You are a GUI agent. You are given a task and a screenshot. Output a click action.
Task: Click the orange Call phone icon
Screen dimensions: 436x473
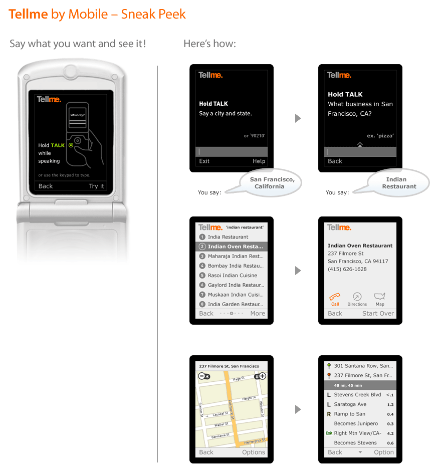[335, 297]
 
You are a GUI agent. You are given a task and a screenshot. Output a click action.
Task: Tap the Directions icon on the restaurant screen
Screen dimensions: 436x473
[357, 297]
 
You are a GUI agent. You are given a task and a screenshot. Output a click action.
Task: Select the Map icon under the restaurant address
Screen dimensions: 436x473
[379, 296]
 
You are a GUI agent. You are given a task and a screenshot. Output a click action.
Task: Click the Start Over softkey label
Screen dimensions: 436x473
[378, 314]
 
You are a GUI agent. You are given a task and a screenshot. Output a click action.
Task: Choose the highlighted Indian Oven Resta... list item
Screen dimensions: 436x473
[232, 247]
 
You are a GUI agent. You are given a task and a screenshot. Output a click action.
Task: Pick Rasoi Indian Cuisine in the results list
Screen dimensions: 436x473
[232, 276]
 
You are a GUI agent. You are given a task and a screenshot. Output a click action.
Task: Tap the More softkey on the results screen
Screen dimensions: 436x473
[258, 314]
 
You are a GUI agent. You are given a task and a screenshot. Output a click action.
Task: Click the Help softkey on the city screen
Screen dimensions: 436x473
[259, 161]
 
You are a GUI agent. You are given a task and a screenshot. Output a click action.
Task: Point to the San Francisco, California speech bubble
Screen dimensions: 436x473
[270, 183]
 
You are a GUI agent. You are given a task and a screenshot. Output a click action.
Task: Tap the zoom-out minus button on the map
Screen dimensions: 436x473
[204, 376]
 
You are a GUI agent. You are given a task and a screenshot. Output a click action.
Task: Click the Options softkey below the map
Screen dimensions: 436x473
[254, 452]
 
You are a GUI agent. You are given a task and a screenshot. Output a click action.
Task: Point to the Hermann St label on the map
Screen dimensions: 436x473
[255, 441]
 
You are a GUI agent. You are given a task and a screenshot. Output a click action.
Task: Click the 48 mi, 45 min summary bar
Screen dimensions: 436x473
[360, 385]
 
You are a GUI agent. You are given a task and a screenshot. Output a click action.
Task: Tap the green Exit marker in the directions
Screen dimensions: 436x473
[329, 433]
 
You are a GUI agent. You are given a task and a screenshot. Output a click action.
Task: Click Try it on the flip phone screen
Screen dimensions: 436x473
[97, 186]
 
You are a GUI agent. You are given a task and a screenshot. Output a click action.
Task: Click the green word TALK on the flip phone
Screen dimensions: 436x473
[58, 145]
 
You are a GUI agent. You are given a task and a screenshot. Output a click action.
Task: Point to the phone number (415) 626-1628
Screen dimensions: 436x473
[347, 269]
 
